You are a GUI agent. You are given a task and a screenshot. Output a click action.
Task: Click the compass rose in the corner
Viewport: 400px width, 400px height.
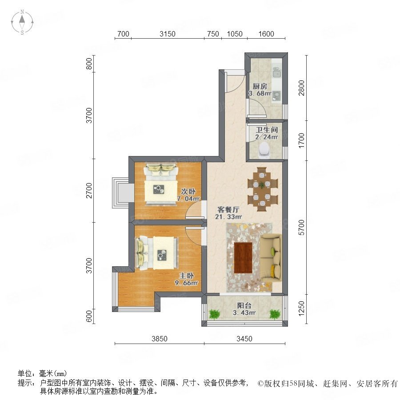pos(22,22)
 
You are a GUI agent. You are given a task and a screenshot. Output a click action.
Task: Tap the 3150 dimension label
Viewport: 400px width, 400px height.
pos(168,34)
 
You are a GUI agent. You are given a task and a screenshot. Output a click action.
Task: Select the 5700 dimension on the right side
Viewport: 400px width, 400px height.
pos(301,227)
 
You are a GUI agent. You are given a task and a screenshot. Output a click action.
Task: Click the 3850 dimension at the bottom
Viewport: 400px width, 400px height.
pos(160,339)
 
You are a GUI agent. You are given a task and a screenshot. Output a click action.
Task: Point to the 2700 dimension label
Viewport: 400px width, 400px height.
pos(89,190)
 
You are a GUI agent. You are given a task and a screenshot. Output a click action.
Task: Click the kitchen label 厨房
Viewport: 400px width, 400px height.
pos(260,86)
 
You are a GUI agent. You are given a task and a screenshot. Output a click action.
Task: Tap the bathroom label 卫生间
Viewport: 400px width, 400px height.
pos(267,130)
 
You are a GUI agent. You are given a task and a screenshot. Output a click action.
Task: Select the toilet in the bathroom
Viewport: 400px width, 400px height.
pos(264,149)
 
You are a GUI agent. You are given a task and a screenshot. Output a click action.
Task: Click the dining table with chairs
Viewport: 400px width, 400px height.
pos(262,189)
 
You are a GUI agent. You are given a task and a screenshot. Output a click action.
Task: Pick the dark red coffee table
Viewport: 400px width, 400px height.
pos(243,258)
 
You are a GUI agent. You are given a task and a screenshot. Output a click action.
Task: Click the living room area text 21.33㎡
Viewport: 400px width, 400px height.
pos(228,217)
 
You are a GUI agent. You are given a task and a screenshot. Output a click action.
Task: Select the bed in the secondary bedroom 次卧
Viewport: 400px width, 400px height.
pos(161,184)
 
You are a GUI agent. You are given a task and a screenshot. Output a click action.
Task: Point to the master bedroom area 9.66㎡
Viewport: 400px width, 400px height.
pos(186,283)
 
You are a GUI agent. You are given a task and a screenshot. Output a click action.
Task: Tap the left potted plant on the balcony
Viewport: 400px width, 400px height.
pos(215,314)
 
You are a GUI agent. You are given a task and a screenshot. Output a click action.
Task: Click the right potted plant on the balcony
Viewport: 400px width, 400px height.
pos(275,314)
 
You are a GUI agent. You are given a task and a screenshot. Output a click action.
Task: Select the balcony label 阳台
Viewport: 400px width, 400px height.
pos(244,305)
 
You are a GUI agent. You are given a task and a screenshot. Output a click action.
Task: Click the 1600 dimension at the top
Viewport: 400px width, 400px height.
pos(266,34)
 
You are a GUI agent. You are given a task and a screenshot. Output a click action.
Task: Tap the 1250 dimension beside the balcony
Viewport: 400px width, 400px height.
pos(301,308)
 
